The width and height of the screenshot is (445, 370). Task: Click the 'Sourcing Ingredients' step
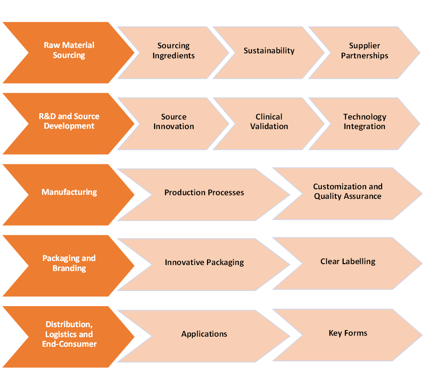pyautogui.click(x=173, y=52)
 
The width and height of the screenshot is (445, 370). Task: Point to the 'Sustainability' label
pyautogui.click(x=269, y=51)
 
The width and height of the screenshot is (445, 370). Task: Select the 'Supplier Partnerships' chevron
pyautogui.click(x=364, y=52)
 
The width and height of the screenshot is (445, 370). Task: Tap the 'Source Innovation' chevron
pyautogui.click(x=173, y=124)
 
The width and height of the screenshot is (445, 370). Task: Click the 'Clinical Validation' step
pyautogui.click(x=269, y=124)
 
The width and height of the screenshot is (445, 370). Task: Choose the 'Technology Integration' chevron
pyautogui.click(x=364, y=124)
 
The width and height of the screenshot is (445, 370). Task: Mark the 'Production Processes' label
pyautogui.click(x=204, y=193)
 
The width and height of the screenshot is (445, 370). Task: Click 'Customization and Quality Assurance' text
pyautogui.click(x=348, y=191)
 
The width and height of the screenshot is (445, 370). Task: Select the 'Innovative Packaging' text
pyautogui.click(x=204, y=262)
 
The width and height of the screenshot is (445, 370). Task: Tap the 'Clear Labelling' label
pyautogui.click(x=348, y=261)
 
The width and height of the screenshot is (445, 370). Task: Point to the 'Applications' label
pyautogui.click(x=204, y=334)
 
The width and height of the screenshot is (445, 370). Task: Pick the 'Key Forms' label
pyautogui.click(x=348, y=333)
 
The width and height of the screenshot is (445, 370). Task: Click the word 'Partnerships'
pyautogui.click(x=364, y=56)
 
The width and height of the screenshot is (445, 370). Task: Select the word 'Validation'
pyautogui.click(x=269, y=126)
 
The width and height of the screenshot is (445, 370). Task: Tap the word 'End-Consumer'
pyautogui.click(x=69, y=344)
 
